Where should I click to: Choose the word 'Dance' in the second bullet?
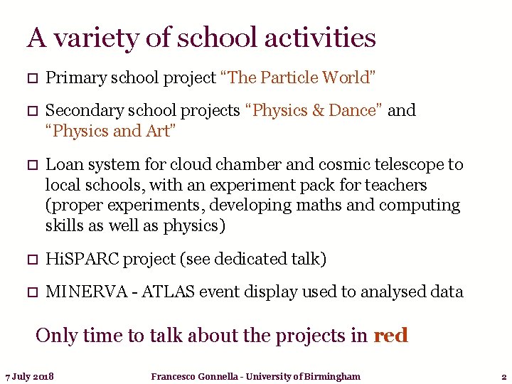coord(356,111)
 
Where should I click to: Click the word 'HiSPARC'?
coord(82,260)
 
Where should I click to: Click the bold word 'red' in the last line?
coord(390,335)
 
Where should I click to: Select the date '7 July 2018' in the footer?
coord(30,376)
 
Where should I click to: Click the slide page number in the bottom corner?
coord(503,376)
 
